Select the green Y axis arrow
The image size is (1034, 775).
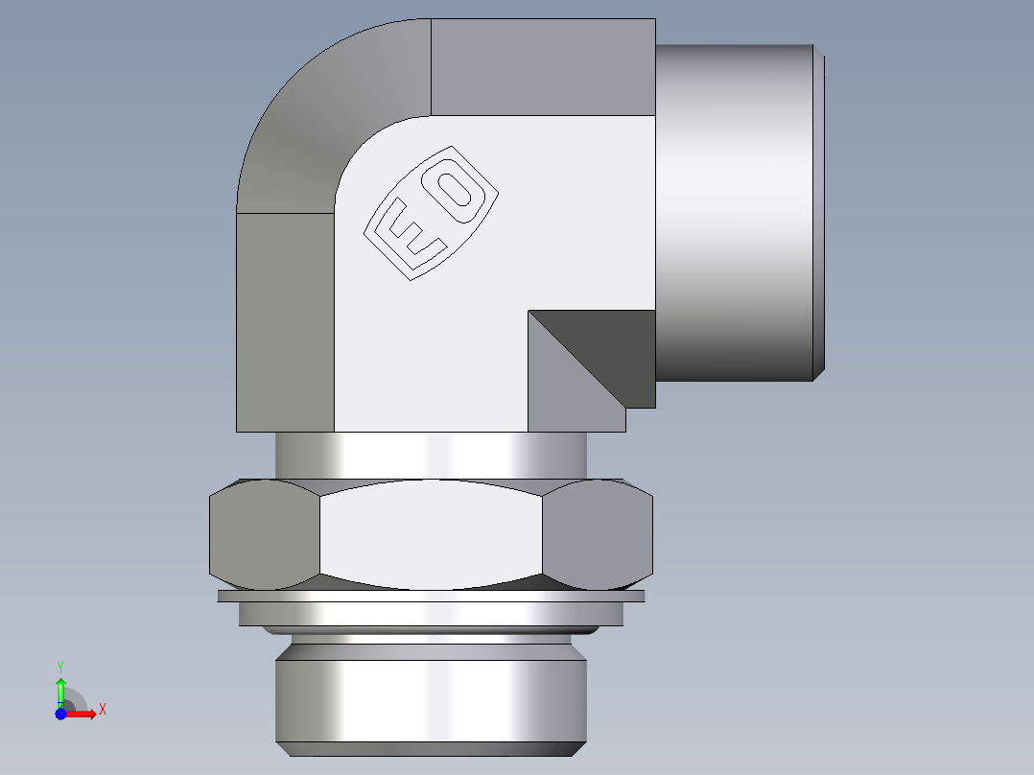pos(60,690)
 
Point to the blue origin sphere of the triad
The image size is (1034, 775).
pos(60,714)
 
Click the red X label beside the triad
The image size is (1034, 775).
pos(102,710)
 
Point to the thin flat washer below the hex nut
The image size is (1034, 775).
pos(431,596)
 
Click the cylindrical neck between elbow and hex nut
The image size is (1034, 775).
pos(431,455)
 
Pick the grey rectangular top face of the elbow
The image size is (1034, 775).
pos(543,66)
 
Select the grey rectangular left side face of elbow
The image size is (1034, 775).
pos(285,321)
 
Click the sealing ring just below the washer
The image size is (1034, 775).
pos(431,614)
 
